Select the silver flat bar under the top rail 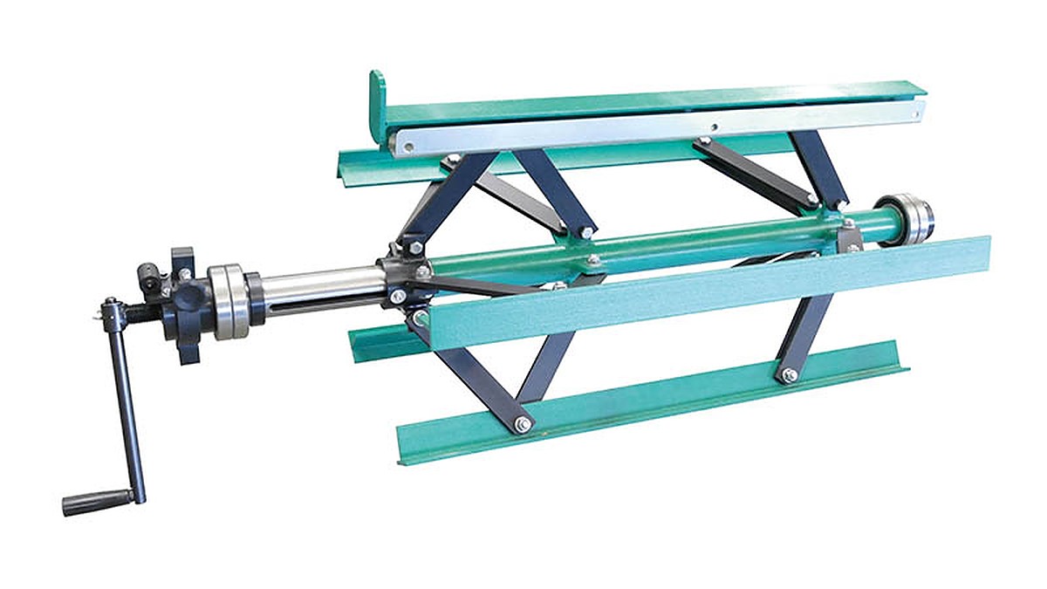tap(654, 131)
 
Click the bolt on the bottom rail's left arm tap(523, 424)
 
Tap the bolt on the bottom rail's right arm tap(789, 375)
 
